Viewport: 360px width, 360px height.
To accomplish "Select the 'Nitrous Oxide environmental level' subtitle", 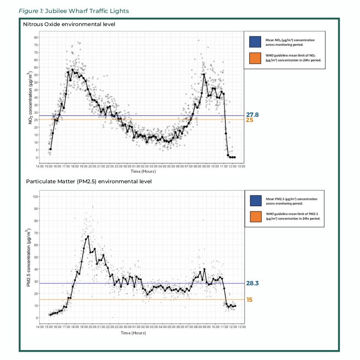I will tap(69, 24).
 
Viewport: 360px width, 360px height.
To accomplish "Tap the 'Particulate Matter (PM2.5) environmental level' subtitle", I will tap(89, 181).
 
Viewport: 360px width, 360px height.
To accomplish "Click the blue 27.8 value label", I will tap(252, 115).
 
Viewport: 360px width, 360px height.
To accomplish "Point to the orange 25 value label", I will tap(249, 120).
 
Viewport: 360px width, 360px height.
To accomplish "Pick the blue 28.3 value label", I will tap(252, 283).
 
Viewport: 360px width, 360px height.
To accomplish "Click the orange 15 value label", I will tap(249, 300).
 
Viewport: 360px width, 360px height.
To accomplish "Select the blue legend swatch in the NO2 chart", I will tap(255, 42).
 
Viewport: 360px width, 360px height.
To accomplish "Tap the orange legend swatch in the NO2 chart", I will tap(255, 58).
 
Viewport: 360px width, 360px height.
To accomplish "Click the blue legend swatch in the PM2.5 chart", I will tap(255, 201).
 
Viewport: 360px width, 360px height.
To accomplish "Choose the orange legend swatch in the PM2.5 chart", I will tap(255, 216).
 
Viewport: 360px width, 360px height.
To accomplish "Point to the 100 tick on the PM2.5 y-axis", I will tap(35, 197).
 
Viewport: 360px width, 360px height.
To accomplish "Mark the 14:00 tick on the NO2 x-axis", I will tap(40, 166).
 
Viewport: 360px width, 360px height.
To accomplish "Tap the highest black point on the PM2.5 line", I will tap(88, 237).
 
